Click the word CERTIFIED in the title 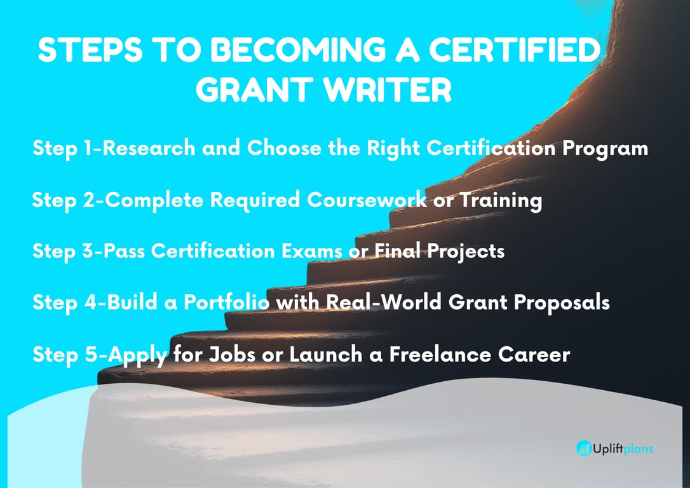[x=515, y=50]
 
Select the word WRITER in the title [x=387, y=90]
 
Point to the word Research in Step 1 [x=149, y=148]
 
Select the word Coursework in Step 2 [x=367, y=200]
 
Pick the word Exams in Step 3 [x=311, y=251]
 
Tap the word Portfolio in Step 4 [x=226, y=302]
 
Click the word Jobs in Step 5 [x=231, y=355]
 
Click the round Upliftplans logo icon [x=584, y=449]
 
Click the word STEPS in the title [x=90, y=50]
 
